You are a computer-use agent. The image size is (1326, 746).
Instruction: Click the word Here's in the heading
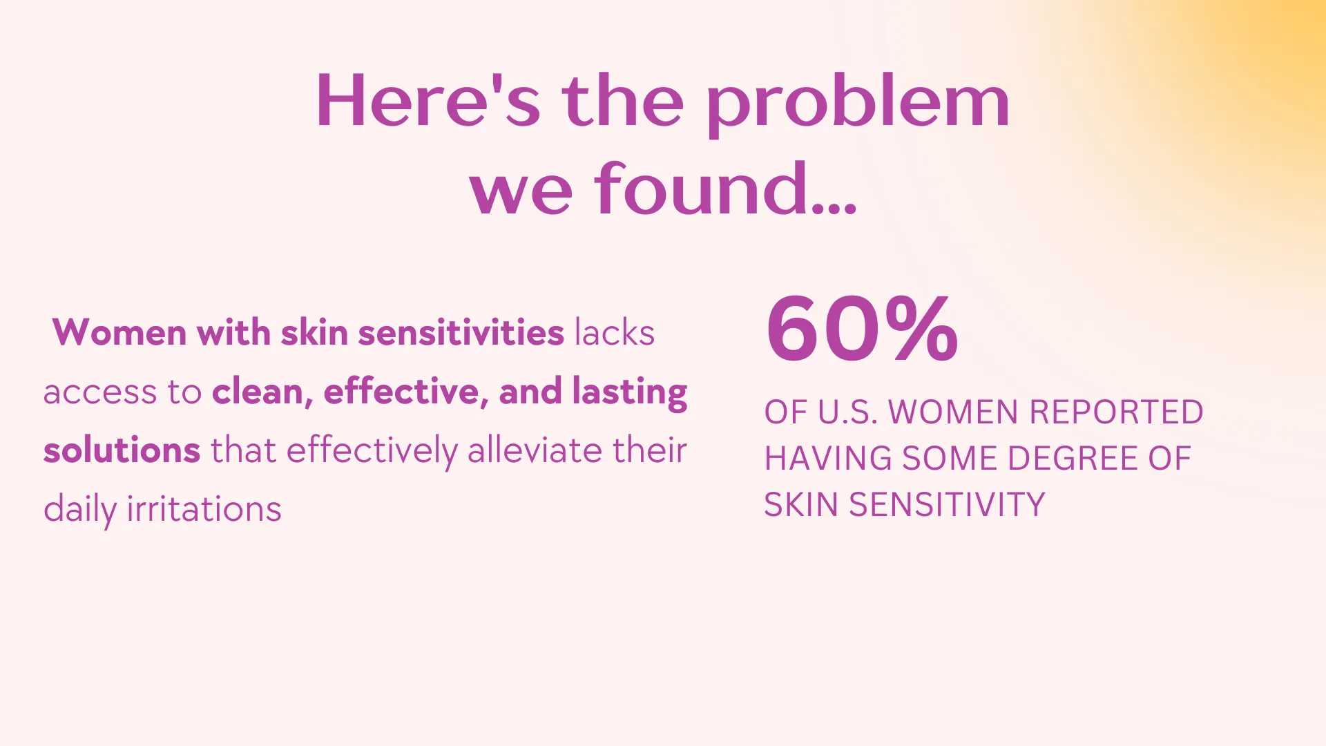(428, 101)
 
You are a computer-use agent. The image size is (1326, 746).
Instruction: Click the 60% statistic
(862, 328)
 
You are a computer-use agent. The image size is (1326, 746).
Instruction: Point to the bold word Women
(119, 332)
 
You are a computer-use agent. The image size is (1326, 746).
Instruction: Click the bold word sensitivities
(461, 332)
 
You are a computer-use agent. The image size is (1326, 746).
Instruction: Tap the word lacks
(615, 332)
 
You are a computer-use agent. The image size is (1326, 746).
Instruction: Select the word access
(100, 393)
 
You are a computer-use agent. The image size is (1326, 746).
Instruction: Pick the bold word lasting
(630, 392)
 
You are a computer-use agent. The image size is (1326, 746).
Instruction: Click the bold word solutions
(122, 450)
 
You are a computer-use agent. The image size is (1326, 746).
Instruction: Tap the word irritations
(204, 509)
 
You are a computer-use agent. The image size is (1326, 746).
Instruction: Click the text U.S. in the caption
(848, 412)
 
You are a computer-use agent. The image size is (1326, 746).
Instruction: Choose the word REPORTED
(1116, 412)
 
